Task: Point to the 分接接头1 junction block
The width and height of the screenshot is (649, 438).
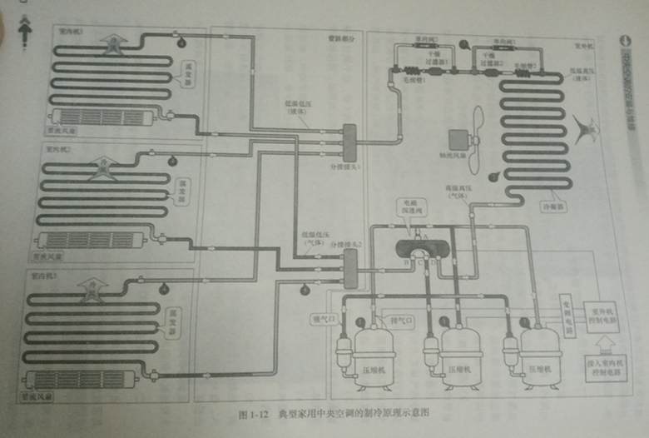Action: pyautogui.click(x=349, y=142)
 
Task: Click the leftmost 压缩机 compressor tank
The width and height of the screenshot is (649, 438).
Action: pyautogui.click(x=374, y=356)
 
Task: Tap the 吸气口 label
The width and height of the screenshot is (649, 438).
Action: pyautogui.click(x=321, y=318)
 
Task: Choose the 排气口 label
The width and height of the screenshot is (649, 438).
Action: pyautogui.click(x=402, y=319)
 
